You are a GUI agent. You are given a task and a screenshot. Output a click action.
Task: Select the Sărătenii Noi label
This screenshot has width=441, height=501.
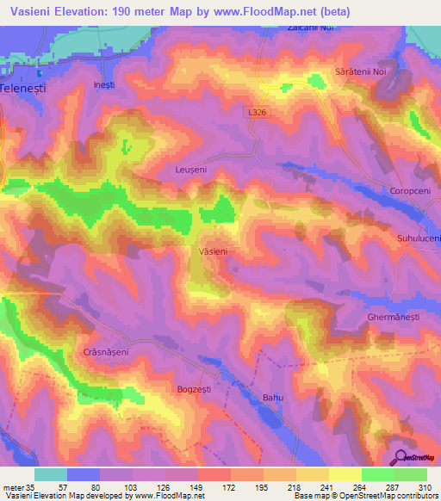coord(361,73)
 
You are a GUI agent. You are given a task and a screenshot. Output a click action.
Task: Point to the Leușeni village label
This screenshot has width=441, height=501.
coord(189,170)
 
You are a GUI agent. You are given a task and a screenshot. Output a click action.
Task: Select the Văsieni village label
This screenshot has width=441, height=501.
coord(213,251)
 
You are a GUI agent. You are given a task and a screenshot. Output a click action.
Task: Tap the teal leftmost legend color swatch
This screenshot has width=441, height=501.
coord(51,474)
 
